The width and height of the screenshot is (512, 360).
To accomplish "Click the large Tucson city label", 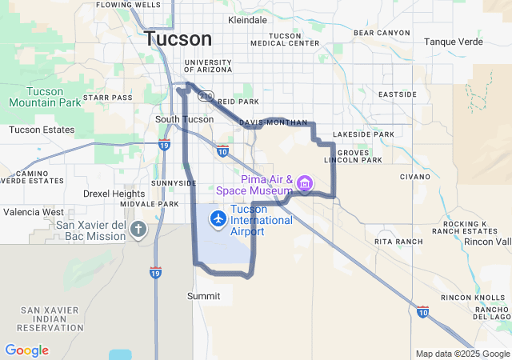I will click(178, 38).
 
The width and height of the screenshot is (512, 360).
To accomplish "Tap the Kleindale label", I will click(248, 19).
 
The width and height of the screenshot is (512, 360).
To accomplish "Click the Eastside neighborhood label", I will click(398, 94).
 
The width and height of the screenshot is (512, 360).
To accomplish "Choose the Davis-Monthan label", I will click(273, 122).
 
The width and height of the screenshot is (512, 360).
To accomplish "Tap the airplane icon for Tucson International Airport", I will click(217, 218).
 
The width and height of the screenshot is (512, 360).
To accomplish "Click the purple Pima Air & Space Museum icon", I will click(304, 184).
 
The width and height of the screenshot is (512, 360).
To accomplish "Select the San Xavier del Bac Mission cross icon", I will click(138, 230).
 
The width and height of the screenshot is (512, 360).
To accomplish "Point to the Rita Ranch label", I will click(398, 241).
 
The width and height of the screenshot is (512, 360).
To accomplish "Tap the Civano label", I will click(415, 176).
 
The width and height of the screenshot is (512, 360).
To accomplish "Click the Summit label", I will click(203, 295).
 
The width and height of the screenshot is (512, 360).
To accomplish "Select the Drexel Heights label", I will click(114, 194).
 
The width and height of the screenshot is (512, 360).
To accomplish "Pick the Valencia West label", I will click(34, 212).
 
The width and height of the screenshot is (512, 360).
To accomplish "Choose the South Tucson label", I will click(184, 119).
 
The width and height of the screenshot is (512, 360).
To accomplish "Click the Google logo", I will click(26, 350).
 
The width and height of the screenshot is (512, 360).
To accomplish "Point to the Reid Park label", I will click(238, 102).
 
